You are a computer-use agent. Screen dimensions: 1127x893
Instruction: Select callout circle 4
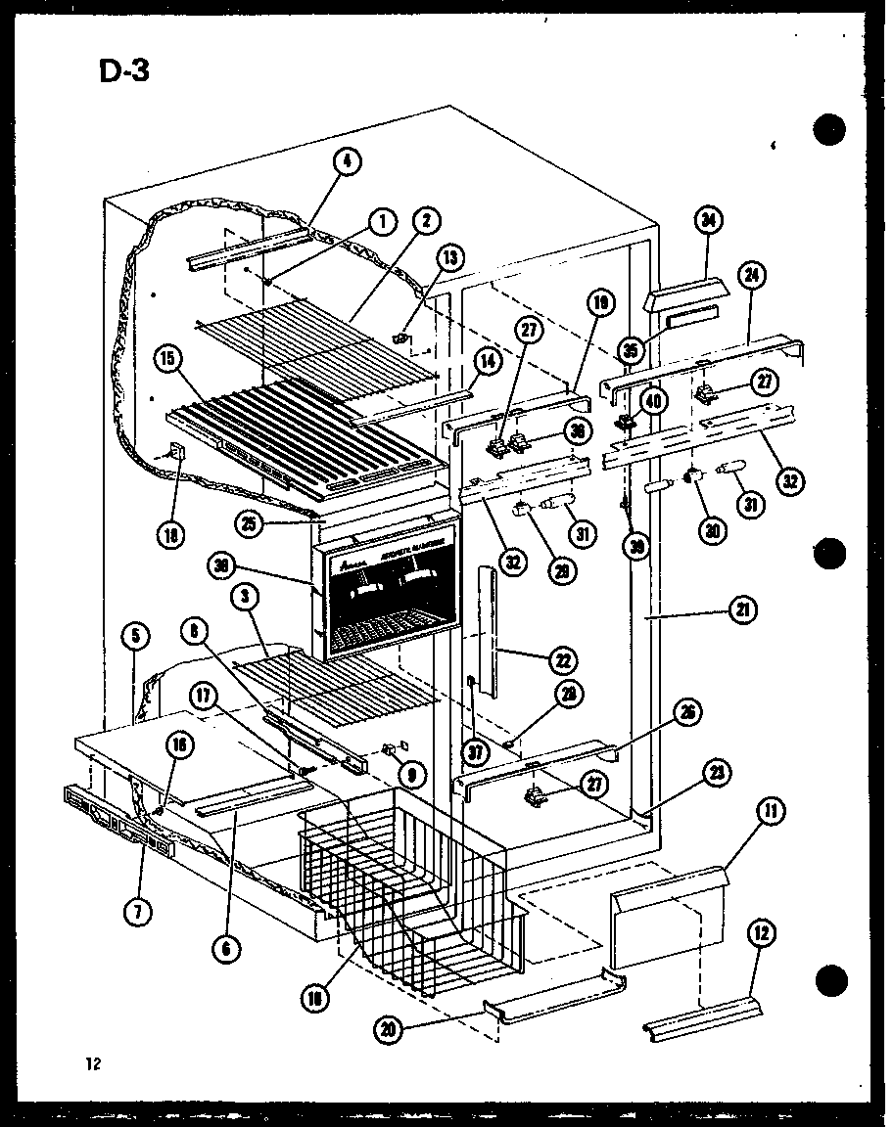pos(346,163)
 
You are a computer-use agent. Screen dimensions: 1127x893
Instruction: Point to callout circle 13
pos(449,259)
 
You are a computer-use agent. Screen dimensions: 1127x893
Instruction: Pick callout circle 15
pos(166,359)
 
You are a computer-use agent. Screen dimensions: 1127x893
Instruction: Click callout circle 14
pos(489,361)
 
